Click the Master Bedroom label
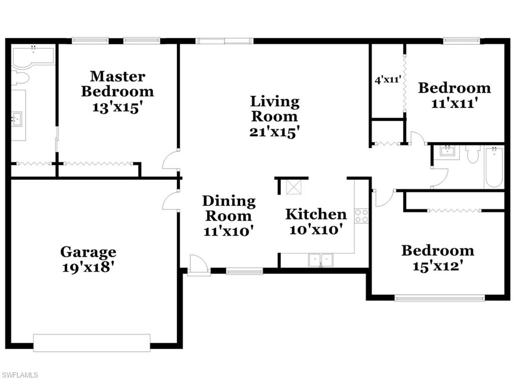[x=118, y=84]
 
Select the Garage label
[x=89, y=252]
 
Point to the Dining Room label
[x=229, y=208]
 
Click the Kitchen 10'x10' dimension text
[x=315, y=230]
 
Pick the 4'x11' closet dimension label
[x=388, y=80]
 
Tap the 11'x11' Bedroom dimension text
[x=454, y=103]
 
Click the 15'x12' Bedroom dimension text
[x=438, y=266]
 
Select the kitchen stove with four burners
[x=361, y=216]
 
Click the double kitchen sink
[x=321, y=260]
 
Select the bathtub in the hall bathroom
[x=494, y=168]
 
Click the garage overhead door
[x=92, y=343]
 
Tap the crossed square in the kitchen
[x=294, y=187]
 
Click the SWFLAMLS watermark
[x=19, y=375]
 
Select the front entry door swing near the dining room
[x=199, y=265]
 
